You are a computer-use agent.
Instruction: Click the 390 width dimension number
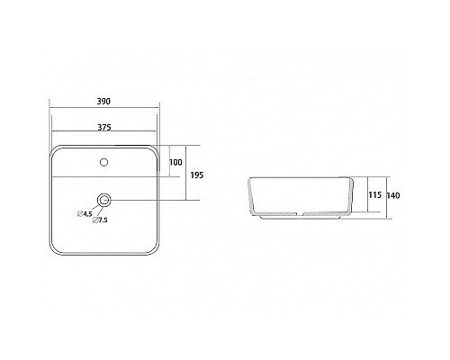click(x=104, y=102)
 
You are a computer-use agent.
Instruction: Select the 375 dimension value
click(x=104, y=126)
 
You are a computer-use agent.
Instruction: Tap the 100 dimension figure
click(x=175, y=162)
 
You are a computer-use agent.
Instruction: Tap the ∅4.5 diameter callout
click(x=86, y=213)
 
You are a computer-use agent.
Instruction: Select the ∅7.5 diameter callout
click(x=100, y=220)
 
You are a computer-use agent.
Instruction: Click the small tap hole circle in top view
click(x=104, y=163)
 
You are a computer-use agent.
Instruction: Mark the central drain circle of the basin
click(x=104, y=200)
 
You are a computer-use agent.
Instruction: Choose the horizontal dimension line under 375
click(x=104, y=134)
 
